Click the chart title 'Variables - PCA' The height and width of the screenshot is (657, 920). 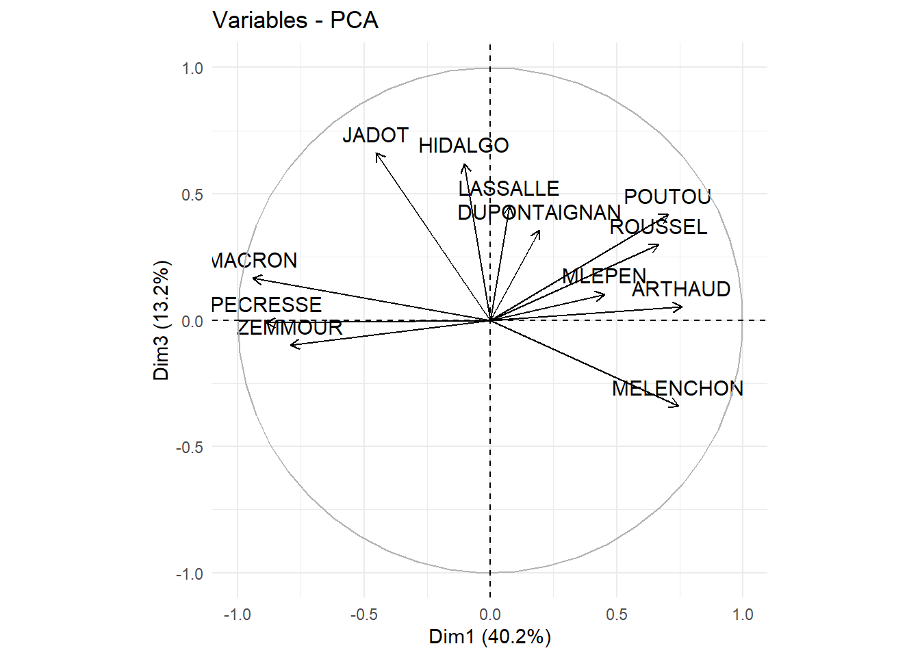point(295,21)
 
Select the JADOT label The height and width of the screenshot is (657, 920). point(375,136)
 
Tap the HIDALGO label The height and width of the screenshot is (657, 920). point(463,146)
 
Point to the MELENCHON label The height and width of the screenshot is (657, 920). point(677,389)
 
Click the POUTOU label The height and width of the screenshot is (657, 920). point(667,197)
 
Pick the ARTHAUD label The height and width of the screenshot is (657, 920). point(681,289)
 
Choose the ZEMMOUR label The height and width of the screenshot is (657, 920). point(290,328)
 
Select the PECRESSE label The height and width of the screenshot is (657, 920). point(266,305)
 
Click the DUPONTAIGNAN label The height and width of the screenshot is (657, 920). point(539,213)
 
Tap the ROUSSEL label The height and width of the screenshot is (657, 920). point(659,227)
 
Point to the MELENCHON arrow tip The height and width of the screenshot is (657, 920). point(679,407)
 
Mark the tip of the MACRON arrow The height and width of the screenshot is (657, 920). point(253,278)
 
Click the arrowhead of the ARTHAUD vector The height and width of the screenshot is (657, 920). point(682,307)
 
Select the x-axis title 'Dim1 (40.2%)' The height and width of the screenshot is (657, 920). point(489,636)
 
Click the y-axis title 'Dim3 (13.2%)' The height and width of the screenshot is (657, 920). point(161,320)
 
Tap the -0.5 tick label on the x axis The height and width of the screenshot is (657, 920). point(363,615)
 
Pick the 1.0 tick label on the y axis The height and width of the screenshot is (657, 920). point(192,68)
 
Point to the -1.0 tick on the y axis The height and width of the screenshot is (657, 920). point(190,574)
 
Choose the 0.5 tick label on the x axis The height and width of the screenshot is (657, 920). point(616,615)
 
